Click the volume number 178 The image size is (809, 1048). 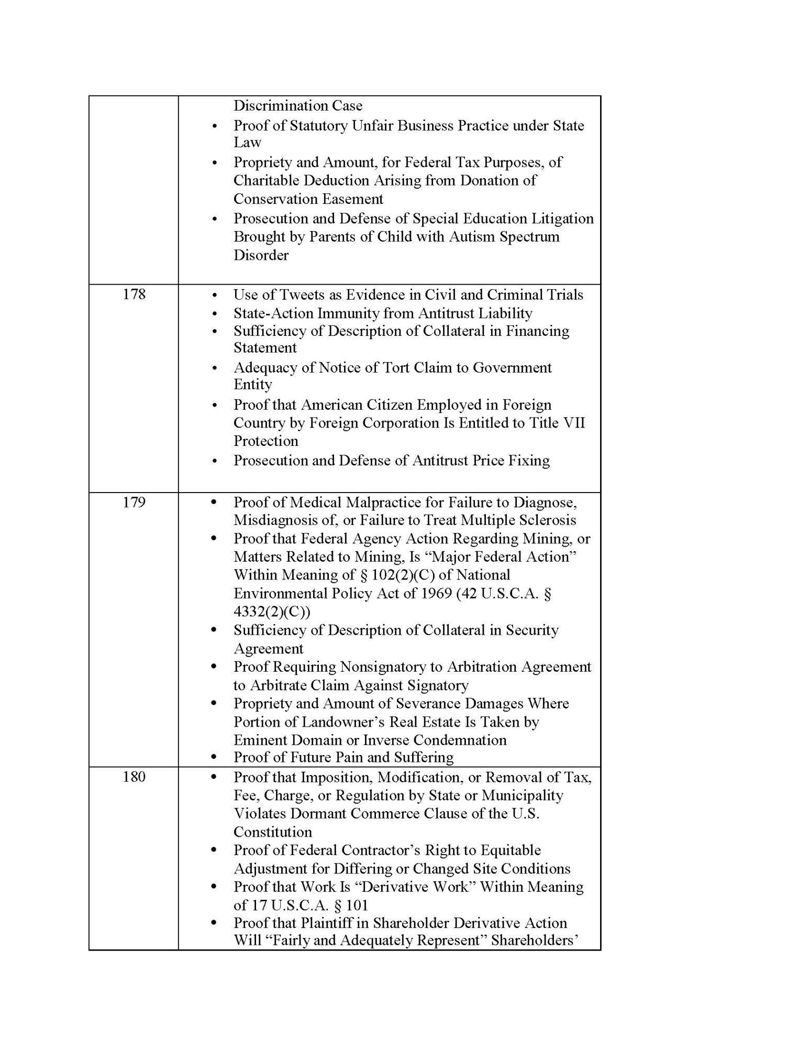134,294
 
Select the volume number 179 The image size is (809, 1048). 134,502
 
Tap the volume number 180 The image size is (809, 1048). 134,777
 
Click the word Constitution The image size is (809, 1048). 273,832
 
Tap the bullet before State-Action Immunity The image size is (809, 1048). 214,314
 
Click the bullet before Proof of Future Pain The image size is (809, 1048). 214,758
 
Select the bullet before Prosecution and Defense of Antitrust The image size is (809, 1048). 214,461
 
